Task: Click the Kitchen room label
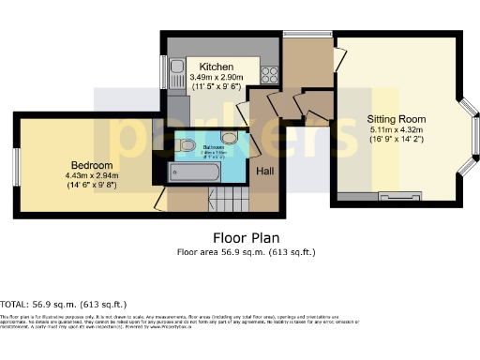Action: point(216,67)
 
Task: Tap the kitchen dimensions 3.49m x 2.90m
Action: point(216,77)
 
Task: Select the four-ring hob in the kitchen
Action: point(268,71)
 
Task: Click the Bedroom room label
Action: point(86,163)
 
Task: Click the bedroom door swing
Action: point(160,198)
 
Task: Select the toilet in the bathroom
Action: point(187,145)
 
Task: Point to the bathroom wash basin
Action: point(228,140)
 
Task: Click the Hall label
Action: point(266,172)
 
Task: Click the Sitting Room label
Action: point(397,119)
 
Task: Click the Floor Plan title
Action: point(247,238)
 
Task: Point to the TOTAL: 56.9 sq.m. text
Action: point(64,305)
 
